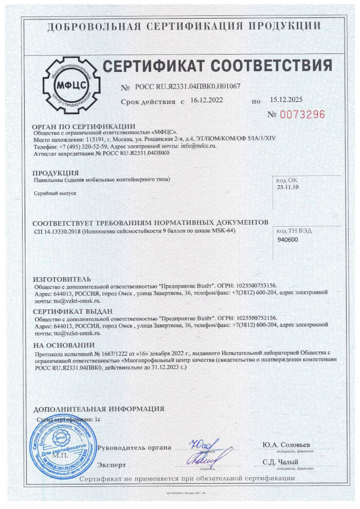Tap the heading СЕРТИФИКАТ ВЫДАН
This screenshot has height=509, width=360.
click(72, 311)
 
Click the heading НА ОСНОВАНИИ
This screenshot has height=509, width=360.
click(64, 345)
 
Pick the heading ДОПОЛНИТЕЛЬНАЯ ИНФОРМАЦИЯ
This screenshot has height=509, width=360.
click(99, 409)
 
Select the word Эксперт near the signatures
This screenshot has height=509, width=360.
click(112, 465)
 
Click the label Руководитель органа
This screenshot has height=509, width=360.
click(134, 447)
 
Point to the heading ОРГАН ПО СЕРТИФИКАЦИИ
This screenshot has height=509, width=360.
click(83, 126)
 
